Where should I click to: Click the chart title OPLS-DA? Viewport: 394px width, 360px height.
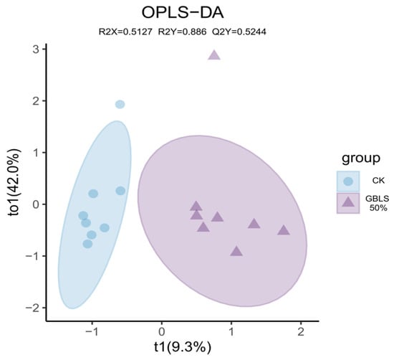click(x=183, y=13)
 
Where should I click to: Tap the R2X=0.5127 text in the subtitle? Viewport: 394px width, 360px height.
click(x=125, y=32)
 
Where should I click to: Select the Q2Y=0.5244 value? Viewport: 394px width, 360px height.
click(x=239, y=32)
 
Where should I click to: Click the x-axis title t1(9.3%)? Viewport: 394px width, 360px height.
click(x=183, y=347)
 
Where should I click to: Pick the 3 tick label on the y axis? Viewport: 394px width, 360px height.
click(x=37, y=49)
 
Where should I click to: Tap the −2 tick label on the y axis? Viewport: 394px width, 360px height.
click(x=33, y=308)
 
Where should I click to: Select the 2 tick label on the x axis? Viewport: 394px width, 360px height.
click(x=301, y=332)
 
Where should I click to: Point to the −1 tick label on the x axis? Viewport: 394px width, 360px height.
click(x=92, y=332)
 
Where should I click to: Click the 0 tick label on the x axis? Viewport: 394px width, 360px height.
click(x=162, y=332)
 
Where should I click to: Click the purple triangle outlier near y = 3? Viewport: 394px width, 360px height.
click(x=214, y=55)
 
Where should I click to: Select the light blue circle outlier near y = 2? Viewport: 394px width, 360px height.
click(x=120, y=104)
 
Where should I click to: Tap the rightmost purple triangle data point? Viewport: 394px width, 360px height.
click(x=284, y=230)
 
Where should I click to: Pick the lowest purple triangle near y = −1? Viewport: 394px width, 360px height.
click(x=236, y=251)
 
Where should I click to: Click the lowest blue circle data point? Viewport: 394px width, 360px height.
click(x=87, y=244)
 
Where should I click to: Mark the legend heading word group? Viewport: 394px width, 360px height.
click(x=361, y=158)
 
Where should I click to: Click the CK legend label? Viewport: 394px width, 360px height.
click(x=378, y=181)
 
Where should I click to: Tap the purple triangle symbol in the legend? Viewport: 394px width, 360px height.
click(x=348, y=202)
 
